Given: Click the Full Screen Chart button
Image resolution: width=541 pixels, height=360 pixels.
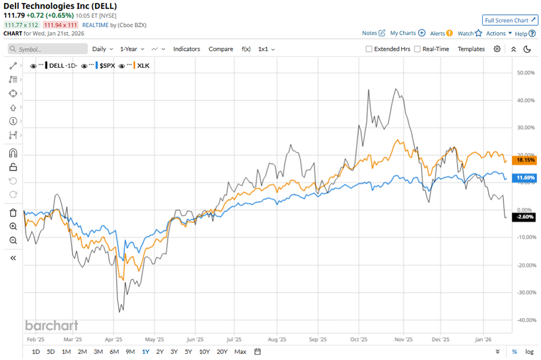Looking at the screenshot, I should [x=510, y=20].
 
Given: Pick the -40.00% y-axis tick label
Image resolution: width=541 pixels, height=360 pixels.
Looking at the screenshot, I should [x=526, y=320].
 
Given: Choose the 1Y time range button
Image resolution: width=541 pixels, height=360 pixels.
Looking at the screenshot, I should [x=145, y=351].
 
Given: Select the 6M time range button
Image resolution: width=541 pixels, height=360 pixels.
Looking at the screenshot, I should [x=114, y=351].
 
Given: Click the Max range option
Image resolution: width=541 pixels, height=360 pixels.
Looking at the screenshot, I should [x=241, y=351].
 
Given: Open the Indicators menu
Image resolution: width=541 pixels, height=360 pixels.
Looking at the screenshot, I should [x=186, y=49].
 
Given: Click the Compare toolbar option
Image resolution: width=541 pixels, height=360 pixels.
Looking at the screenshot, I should [x=220, y=49].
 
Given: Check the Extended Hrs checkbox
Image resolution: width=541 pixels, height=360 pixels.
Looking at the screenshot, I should [x=369, y=49].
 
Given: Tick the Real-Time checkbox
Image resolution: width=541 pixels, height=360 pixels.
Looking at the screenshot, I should [x=417, y=49].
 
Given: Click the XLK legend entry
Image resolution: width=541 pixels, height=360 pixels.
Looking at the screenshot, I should [x=142, y=66].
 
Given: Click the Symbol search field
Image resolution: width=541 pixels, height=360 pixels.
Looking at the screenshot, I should [x=48, y=50].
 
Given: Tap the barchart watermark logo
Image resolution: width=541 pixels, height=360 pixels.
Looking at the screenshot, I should [x=51, y=325].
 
